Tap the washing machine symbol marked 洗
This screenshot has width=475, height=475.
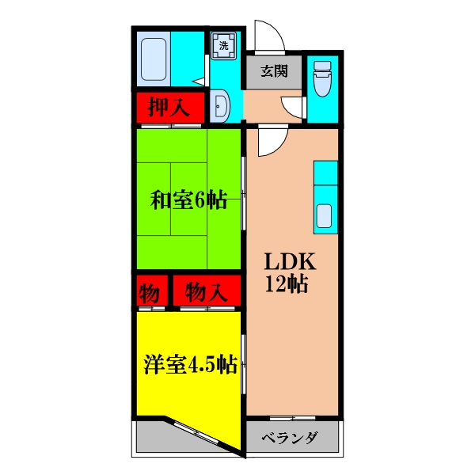point(223,45)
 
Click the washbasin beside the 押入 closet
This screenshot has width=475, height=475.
point(222,107)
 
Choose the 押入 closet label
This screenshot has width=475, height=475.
point(169,107)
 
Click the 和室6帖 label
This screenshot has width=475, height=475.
point(188,200)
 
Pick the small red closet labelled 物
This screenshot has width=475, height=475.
point(148,291)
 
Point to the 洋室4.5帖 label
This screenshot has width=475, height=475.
point(190,365)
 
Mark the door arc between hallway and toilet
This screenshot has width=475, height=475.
point(294,108)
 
